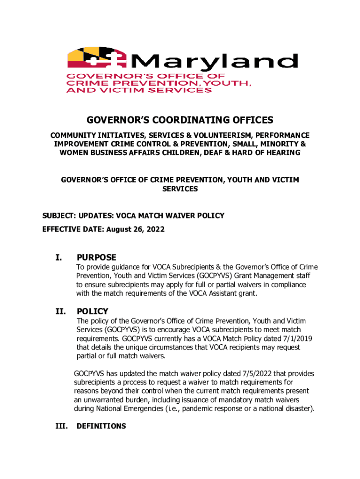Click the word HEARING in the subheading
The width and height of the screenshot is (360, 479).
coord(281,153)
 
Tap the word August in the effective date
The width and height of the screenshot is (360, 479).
coord(119,230)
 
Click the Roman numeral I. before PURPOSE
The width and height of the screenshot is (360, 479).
coord(58,258)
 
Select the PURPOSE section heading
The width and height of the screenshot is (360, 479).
coord(96,258)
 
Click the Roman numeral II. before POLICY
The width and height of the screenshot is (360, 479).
coord(60,312)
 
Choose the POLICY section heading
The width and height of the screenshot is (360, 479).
coord(93,312)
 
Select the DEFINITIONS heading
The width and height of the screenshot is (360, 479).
coord(101,426)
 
